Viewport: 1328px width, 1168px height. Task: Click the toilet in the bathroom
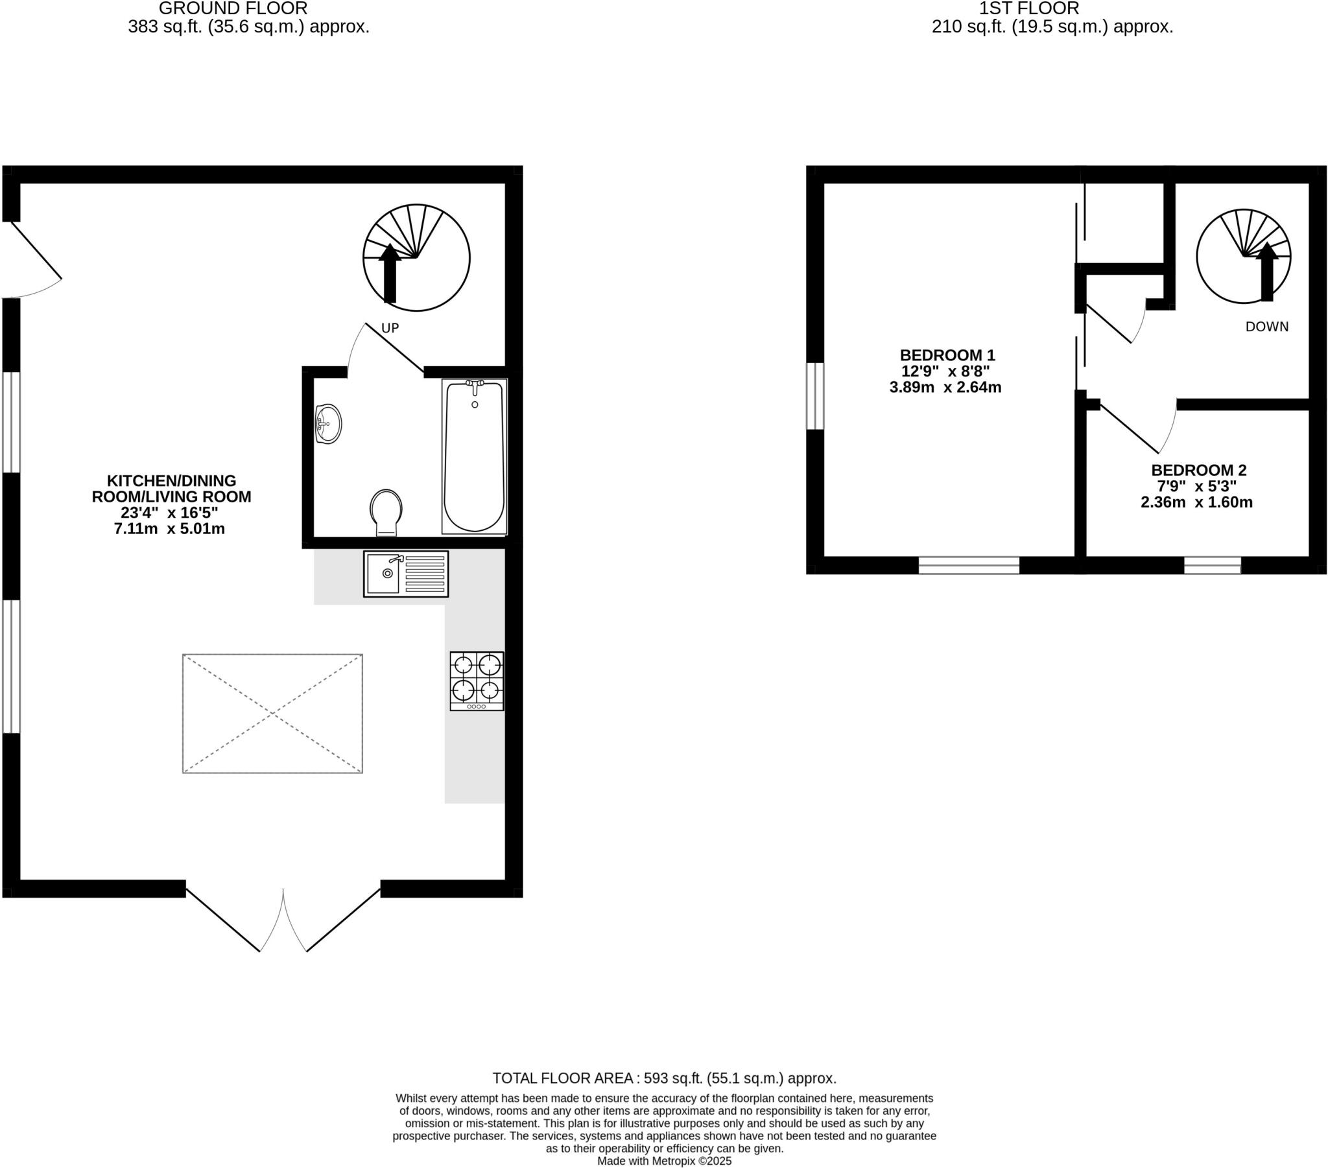click(x=386, y=511)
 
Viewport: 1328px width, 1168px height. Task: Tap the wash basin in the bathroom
click(x=329, y=423)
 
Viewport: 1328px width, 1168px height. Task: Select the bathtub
click(x=474, y=456)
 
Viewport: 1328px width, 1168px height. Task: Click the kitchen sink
click(x=405, y=574)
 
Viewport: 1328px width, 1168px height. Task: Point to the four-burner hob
click(x=477, y=680)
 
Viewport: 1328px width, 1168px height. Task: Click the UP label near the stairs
click(x=390, y=328)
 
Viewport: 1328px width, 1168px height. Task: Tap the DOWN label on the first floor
click(x=1267, y=327)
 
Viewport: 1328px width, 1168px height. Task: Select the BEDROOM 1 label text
click(x=947, y=355)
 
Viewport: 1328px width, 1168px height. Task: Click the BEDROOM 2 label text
click(x=1199, y=470)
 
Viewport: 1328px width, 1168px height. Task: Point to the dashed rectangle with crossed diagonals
click(x=272, y=713)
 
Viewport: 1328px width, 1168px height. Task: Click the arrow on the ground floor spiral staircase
click(x=390, y=273)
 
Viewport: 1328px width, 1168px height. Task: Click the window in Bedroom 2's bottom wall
click(x=1212, y=565)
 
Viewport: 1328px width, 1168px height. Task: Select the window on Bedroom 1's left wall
click(x=815, y=395)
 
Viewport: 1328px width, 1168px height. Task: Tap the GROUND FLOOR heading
click(x=233, y=8)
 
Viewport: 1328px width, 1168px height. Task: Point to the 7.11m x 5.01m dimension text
click(x=170, y=529)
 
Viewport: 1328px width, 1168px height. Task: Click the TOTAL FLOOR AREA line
click(x=664, y=1079)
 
